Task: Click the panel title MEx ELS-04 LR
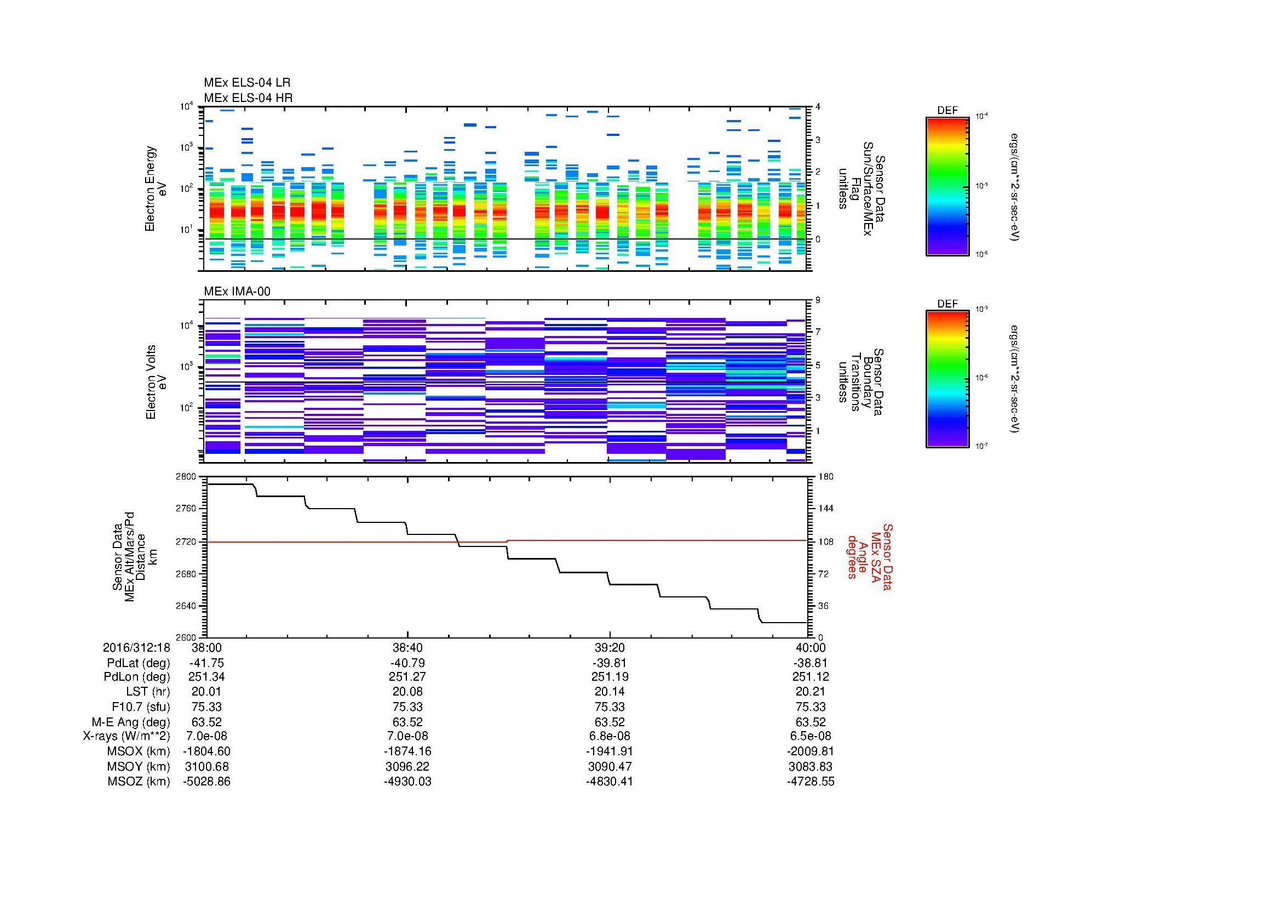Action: tap(247, 83)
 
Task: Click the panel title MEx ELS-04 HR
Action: tap(248, 98)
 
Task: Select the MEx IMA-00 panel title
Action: tap(237, 292)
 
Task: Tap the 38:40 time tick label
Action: tap(407, 647)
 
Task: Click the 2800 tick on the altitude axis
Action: tap(186, 477)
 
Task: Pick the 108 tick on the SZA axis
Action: tap(825, 542)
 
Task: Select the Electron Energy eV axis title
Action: tap(156, 189)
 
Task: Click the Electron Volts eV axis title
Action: tap(156, 382)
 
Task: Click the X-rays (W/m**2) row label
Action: tap(126, 736)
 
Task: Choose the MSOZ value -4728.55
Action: tap(810, 782)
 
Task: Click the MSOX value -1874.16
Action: tap(407, 751)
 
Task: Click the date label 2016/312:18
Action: tap(136, 647)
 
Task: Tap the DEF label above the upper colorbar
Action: tap(947, 111)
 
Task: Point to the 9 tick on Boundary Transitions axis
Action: tap(818, 300)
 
